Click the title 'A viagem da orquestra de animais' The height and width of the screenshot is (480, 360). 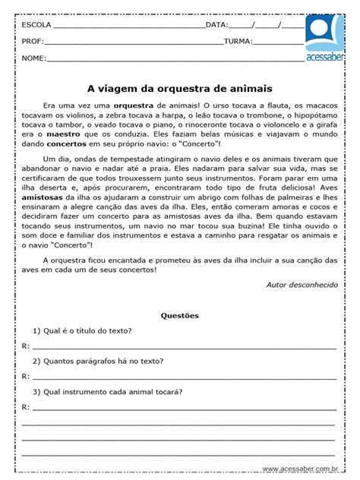[x=180, y=88]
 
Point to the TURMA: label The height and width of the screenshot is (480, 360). [x=238, y=41]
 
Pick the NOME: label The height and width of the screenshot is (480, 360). [x=33, y=58]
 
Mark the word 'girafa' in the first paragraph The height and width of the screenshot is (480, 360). [x=323, y=123]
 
